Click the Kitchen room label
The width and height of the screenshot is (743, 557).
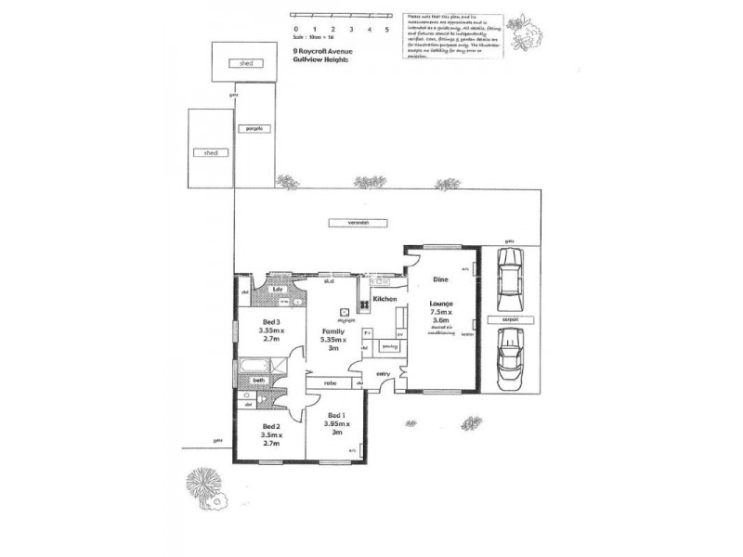[385, 300]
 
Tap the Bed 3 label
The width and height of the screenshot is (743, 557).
[271, 321]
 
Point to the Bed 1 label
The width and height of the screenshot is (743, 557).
[336, 415]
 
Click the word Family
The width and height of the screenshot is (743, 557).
[333, 330]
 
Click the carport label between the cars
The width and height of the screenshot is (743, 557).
[508, 318]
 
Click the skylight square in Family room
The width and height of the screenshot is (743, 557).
[344, 312]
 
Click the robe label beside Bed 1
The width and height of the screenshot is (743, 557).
[330, 382]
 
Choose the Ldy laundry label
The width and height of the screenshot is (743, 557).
[277, 291]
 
